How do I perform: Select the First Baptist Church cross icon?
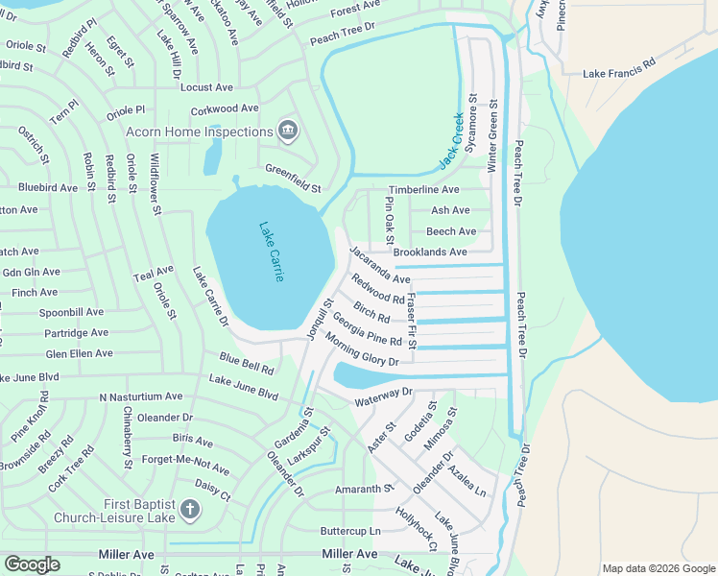pyautogui.click(x=189, y=509)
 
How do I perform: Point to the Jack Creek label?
pyautogui.click(x=451, y=142)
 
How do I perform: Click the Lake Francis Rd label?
pyautogui.click(x=619, y=73)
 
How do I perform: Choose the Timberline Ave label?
pyautogui.click(x=423, y=190)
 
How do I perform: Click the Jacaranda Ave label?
pyautogui.click(x=380, y=266)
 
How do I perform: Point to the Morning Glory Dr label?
pyautogui.click(x=361, y=351)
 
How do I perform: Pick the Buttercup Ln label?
pyautogui.click(x=350, y=530)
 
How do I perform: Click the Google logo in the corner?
pyautogui.click(x=32, y=564)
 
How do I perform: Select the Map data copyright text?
pyautogui.click(x=658, y=568)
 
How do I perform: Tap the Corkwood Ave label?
pyautogui.click(x=225, y=109)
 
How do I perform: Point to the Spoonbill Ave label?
pyautogui.click(x=71, y=312)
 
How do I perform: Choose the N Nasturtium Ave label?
pyautogui.click(x=140, y=396)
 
